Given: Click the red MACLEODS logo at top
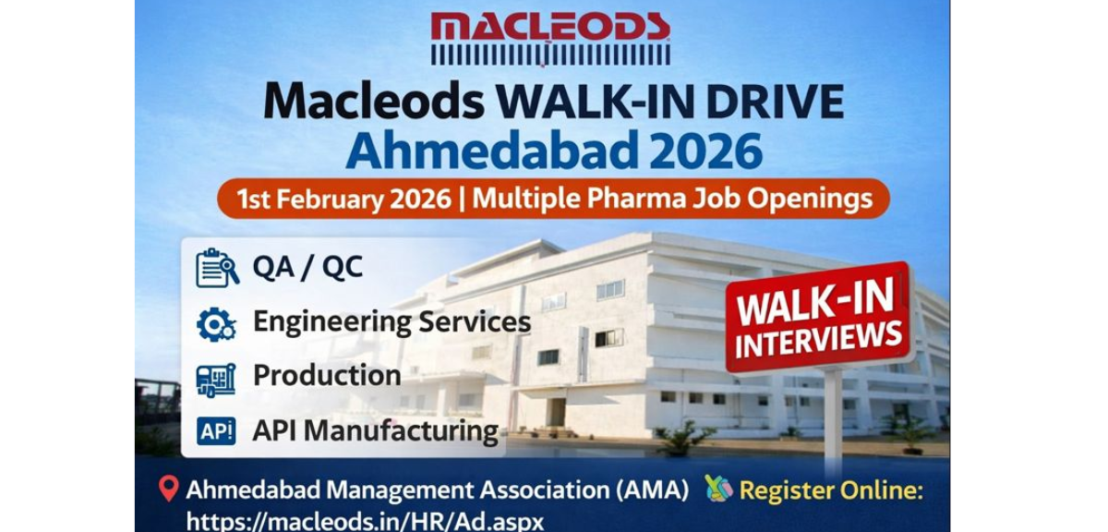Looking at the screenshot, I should [550, 37].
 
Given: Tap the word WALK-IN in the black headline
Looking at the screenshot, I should [595, 102].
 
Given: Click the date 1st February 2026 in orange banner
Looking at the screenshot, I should [343, 199].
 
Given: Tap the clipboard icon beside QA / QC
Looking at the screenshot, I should [217, 268].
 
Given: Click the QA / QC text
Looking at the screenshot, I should [307, 268].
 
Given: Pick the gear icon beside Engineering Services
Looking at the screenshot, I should [217, 323].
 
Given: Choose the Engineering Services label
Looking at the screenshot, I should [391, 322].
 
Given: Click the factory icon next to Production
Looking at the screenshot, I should [217, 378].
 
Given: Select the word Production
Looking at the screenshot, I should [327, 376].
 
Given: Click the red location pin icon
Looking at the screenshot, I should [168, 490].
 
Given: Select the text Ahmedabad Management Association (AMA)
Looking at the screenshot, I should [437, 490].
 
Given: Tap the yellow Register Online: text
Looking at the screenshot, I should [831, 490].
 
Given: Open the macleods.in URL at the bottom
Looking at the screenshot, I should [365, 521].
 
